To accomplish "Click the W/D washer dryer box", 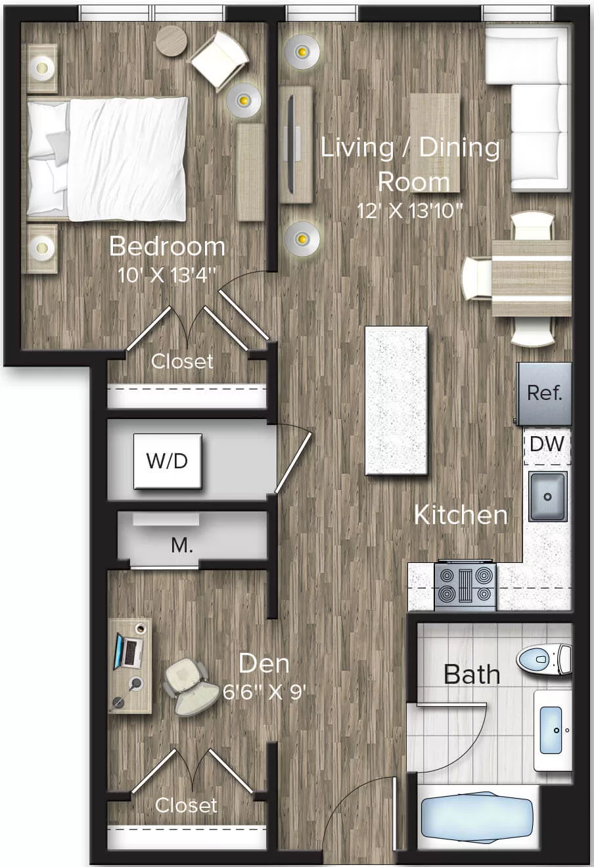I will click(x=168, y=461).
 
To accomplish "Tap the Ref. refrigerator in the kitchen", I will click(x=544, y=393).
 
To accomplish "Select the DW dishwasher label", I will click(x=547, y=444).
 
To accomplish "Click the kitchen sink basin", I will click(x=547, y=497).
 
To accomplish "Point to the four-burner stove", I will click(x=465, y=585).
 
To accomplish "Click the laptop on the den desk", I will click(x=129, y=652).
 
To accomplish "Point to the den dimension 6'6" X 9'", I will click(x=264, y=692).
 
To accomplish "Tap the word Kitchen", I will click(x=461, y=515).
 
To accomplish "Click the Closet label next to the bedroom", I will click(x=182, y=361).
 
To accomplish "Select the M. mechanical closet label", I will click(x=182, y=545).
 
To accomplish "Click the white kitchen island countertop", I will click(x=396, y=400).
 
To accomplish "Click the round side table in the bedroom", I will click(x=171, y=40).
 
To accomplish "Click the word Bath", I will click(x=472, y=675).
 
